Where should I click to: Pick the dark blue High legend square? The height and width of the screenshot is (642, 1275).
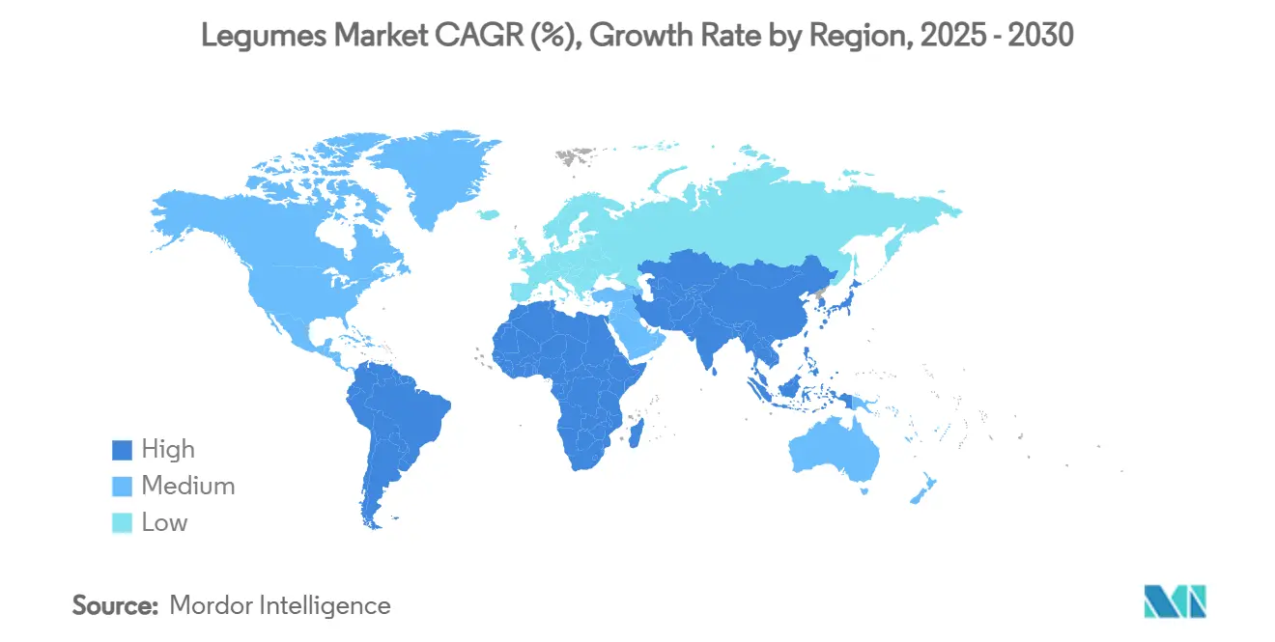[122, 450]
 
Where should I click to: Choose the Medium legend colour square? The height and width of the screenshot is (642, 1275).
[122, 487]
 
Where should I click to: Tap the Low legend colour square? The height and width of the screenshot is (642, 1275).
[122, 523]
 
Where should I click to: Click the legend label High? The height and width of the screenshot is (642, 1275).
[168, 450]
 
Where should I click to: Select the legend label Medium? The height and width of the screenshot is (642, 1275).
[187, 487]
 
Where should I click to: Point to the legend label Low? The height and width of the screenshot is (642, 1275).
[164, 523]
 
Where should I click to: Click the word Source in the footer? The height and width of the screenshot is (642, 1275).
[115, 606]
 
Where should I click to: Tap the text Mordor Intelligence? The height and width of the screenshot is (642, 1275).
[280, 606]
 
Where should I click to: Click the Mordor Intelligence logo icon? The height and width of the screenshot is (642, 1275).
[1175, 602]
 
